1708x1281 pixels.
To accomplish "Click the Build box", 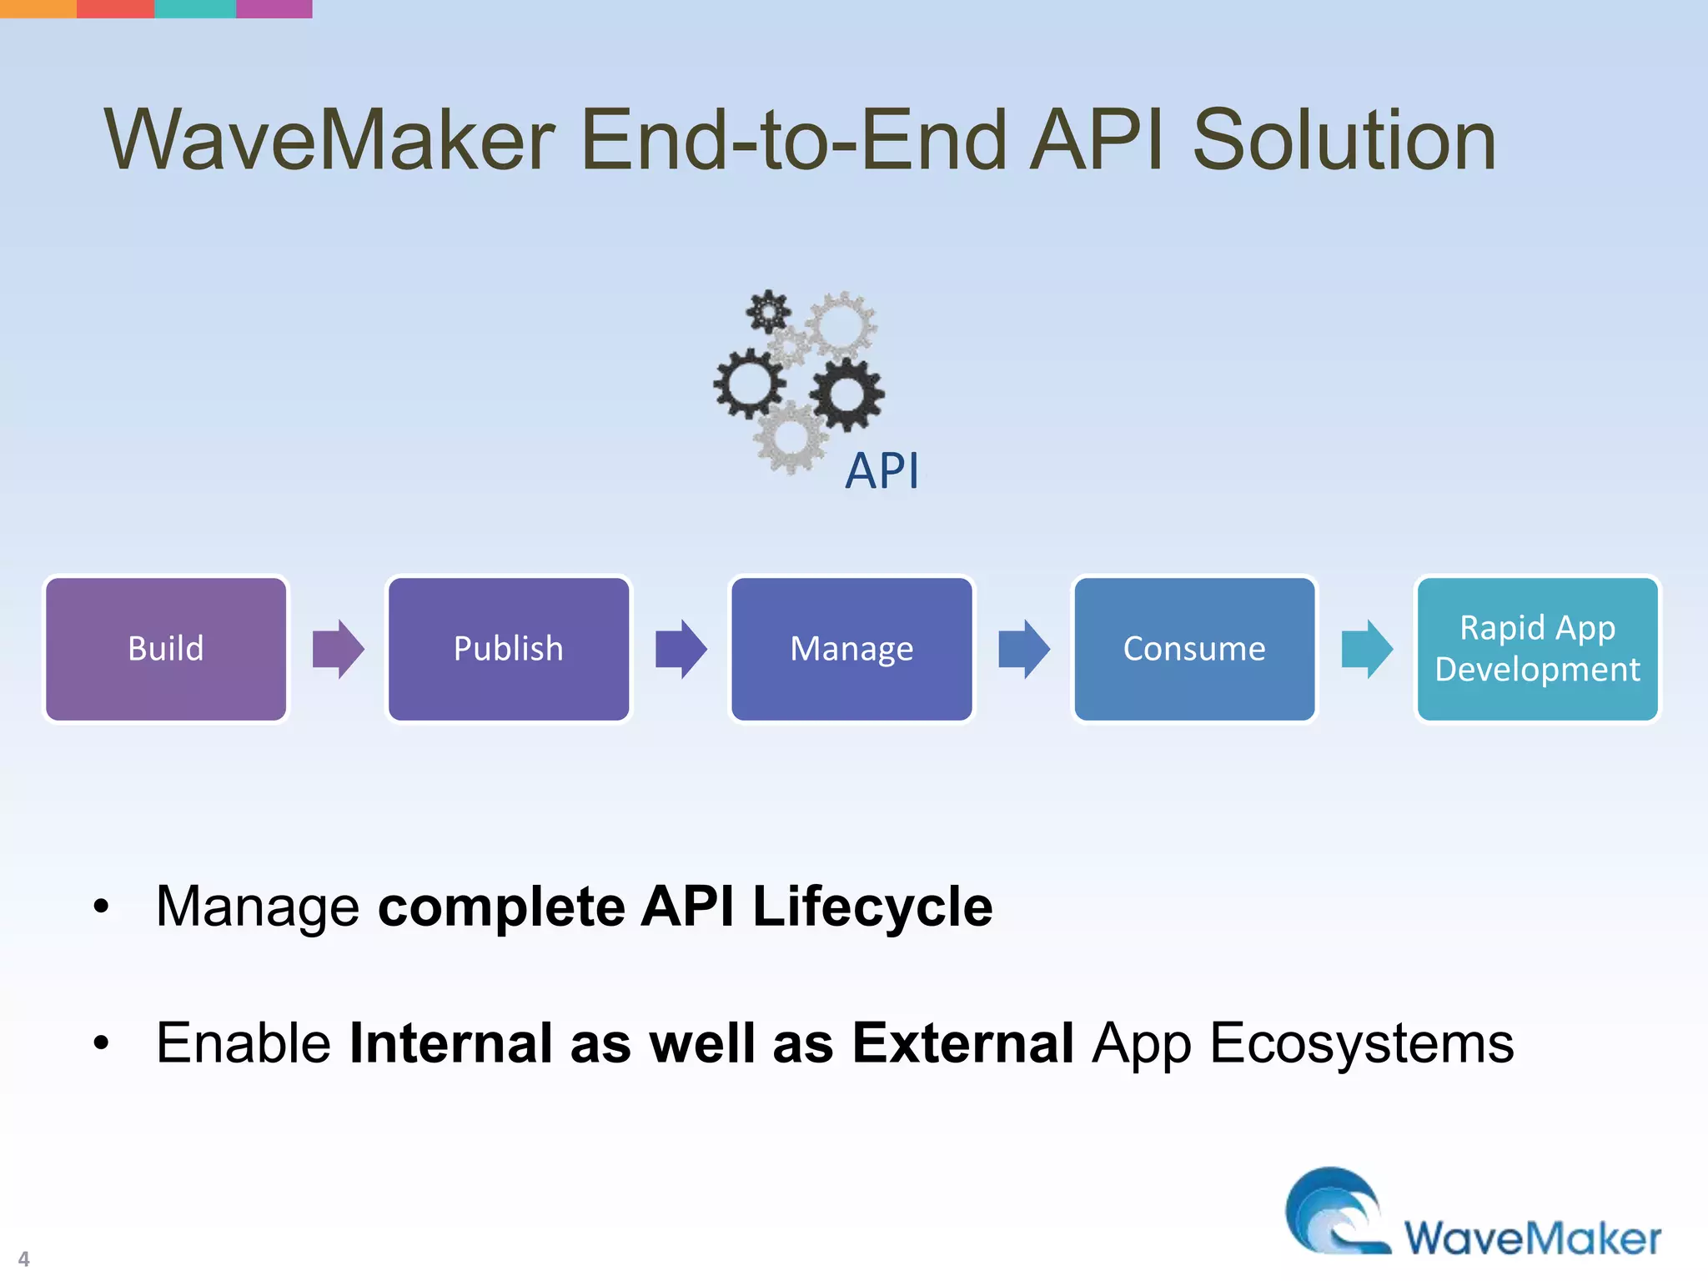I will (x=166, y=649).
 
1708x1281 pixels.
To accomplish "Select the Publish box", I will (x=509, y=649).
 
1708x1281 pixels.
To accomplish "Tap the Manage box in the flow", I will (x=851, y=649).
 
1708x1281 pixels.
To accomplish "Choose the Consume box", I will (x=1194, y=649).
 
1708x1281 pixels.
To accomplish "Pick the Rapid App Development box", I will (x=1537, y=649).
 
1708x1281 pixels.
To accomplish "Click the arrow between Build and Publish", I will (x=338, y=649).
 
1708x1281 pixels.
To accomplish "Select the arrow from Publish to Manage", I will (x=681, y=649).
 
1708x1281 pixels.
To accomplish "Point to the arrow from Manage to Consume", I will (x=1023, y=649).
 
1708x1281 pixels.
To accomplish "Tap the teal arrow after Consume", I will (x=1366, y=649).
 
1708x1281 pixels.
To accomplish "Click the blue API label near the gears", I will (x=882, y=471).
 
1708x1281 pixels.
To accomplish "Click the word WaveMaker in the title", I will (x=329, y=140).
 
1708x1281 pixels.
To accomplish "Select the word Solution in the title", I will (x=1344, y=140).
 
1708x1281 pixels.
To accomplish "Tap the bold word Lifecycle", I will (x=872, y=907).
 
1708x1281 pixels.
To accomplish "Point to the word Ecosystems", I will (x=1361, y=1043).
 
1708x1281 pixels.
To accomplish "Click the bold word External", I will (x=962, y=1043).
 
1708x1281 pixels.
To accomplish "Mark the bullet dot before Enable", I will (x=102, y=1043).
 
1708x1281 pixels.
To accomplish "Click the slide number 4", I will (x=23, y=1258).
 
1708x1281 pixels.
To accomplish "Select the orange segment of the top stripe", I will (x=38, y=8).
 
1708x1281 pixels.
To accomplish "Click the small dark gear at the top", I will (x=767, y=312).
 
